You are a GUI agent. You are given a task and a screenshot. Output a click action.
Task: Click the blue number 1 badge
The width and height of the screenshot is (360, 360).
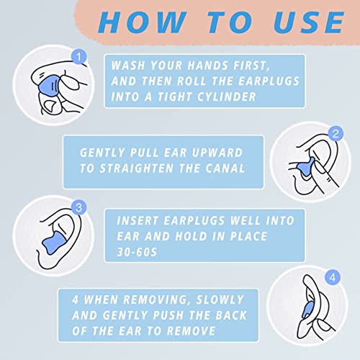(81, 55)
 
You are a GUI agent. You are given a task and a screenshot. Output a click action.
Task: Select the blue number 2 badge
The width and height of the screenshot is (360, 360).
(334, 133)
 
